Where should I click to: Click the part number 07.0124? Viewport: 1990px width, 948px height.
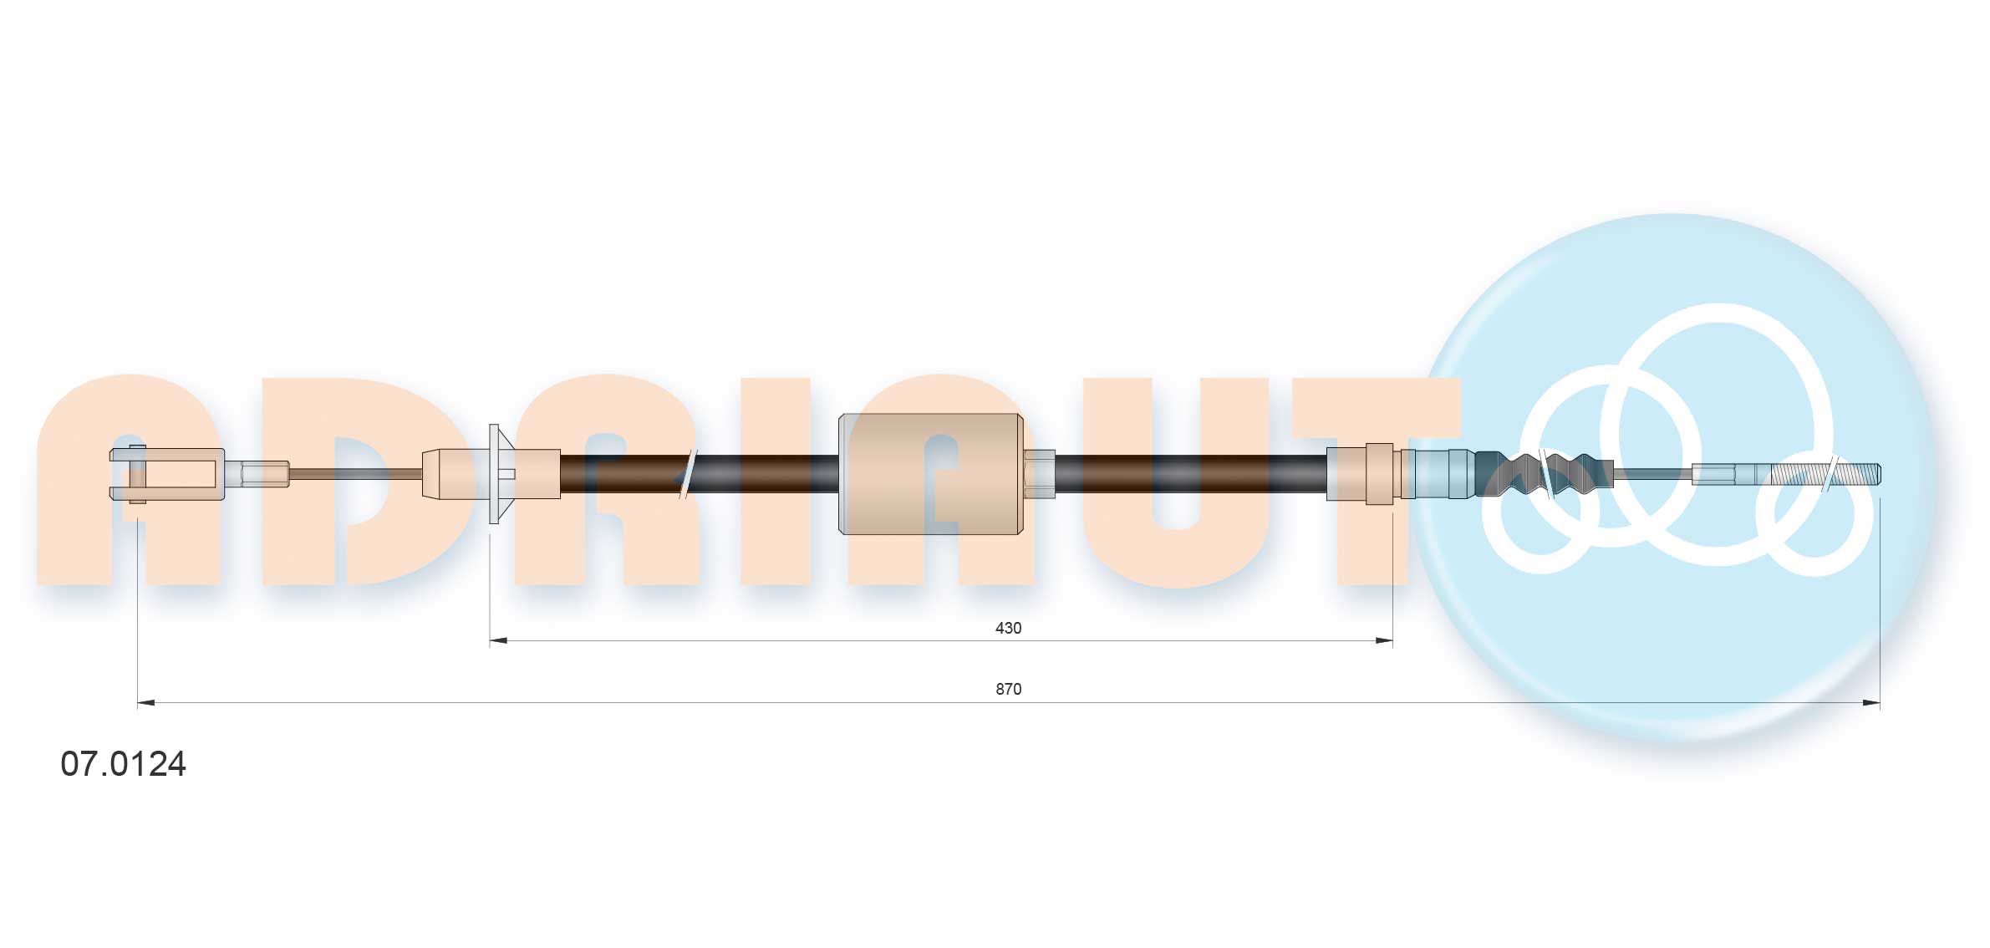(x=123, y=764)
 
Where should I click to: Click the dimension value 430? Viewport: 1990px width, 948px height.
(x=1008, y=628)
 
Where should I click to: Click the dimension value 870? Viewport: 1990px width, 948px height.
(x=1008, y=689)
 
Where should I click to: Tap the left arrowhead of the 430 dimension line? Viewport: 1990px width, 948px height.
(x=498, y=641)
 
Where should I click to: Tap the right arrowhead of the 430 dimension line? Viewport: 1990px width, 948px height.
(x=1384, y=641)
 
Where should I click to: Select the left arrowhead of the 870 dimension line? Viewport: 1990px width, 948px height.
(x=146, y=703)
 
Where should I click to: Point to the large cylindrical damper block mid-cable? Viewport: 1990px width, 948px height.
(x=930, y=474)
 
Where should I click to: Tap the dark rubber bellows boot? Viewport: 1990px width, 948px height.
(x=1542, y=474)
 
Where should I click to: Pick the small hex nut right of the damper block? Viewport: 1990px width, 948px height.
(x=1039, y=474)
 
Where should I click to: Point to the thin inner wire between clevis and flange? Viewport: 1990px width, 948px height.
(x=355, y=474)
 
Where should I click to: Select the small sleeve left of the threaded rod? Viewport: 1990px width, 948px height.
(x=1713, y=474)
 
